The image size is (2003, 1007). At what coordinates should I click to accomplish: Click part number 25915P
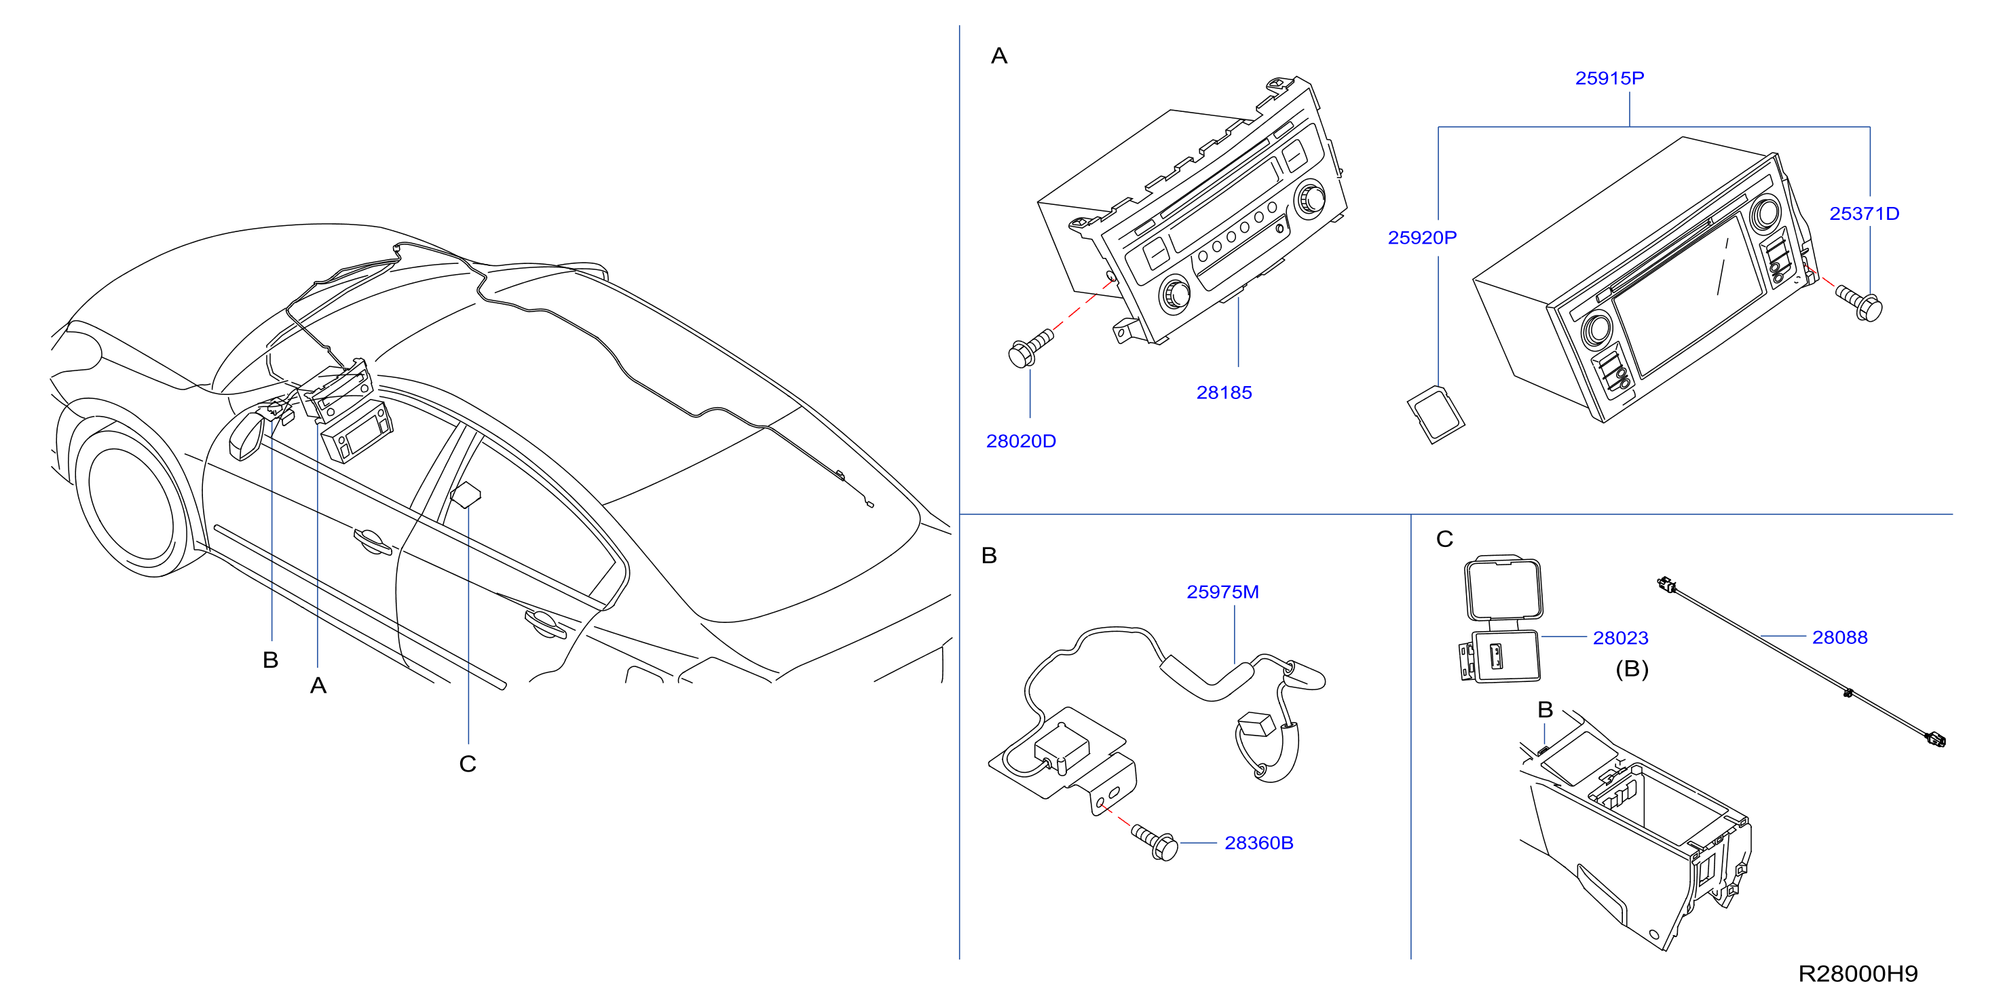click(x=1609, y=79)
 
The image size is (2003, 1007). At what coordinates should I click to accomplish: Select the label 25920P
click(x=1422, y=238)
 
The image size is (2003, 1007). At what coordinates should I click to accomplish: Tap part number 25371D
click(x=1864, y=214)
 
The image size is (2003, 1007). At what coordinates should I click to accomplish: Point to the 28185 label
click(x=1224, y=393)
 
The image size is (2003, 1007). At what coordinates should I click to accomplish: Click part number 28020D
click(x=1021, y=442)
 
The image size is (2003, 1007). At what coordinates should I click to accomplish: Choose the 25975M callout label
click(x=1222, y=592)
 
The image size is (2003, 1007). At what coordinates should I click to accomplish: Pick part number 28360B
click(x=1259, y=843)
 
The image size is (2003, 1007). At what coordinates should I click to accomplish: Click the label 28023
click(x=1620, y=639)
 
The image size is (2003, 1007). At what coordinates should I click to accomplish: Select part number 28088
click(x=1839, y=638)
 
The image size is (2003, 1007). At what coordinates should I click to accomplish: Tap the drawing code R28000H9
click(x=1858, y=974)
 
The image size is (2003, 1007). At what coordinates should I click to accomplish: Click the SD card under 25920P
click(x=1436, y=415)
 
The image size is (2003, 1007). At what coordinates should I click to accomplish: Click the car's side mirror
click(x=248, y=436)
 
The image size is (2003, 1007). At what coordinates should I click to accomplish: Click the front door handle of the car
click(x=372, y=541)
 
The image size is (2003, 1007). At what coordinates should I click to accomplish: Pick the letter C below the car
click(x=467, y=764)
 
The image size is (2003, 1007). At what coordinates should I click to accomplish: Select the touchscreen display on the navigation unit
click(x=1687, y=294)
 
